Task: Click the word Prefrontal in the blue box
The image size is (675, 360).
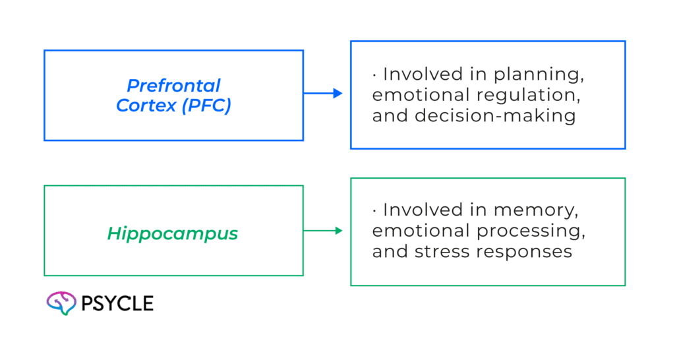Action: click(173, 85)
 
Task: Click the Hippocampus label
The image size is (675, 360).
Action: click(173, 233)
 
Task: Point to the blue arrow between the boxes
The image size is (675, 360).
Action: click(324, 94)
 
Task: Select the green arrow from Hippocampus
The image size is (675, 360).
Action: click(324, 231)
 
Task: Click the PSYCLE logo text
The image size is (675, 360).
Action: click(117, 303)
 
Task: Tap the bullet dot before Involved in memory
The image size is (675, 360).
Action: click(374, 211)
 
